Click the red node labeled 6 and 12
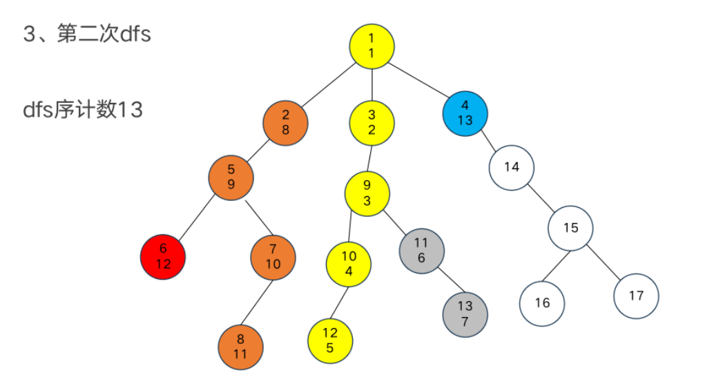[x=163, y=257]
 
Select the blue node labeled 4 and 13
[x=465, y=113]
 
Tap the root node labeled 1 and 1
[x=372, y=46]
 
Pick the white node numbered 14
[x=512, y=166]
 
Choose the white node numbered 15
[x=571, y=227]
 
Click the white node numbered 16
[x=542, y=303]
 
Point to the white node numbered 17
[x=636, y=296]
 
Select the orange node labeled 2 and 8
[x=285, y=122]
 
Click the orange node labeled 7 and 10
[x=273, y=257]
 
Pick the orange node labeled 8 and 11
[x=240, y=346]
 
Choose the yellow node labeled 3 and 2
[x=372, y=122]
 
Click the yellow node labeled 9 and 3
[x=367, y=193]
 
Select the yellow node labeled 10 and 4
[x=349, y=263]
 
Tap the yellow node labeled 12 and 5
[x=330, y=340]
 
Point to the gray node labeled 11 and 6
[x=422, y=250]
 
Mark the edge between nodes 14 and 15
[x=541, y=197]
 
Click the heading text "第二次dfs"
[x=104, y=35]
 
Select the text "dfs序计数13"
[x=83, y=109]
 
